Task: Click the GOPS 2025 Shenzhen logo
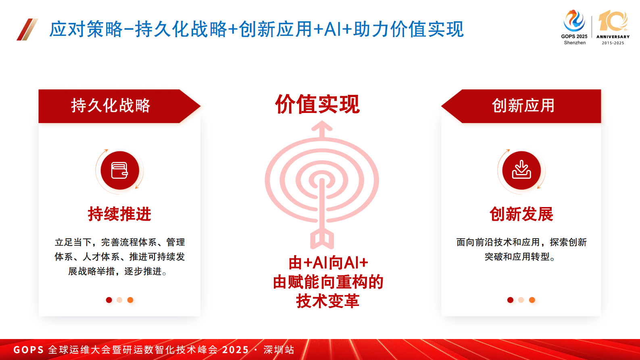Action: click(575, 27)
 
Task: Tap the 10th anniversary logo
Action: click(613, 27)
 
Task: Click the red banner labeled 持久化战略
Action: click(111, 106)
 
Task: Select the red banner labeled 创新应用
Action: click(523, 106)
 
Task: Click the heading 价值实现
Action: click(317, 105)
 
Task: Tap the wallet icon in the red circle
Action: click(120, 170)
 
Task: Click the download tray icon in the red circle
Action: click(521, 170)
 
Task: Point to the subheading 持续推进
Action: click(119, 214)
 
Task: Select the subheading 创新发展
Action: click(521, 214)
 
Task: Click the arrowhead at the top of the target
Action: click(322, 128)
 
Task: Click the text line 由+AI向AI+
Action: click(328, 263)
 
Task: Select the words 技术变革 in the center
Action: click(327, 301)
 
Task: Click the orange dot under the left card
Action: click(130, 300)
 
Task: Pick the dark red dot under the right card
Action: click(510, 300)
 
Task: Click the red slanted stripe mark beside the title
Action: click(27, 29)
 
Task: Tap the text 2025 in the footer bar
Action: click(236, 350)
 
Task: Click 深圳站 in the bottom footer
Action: click(279, 350)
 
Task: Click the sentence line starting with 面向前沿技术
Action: click(521, 242)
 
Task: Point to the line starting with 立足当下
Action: click(120, 242)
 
